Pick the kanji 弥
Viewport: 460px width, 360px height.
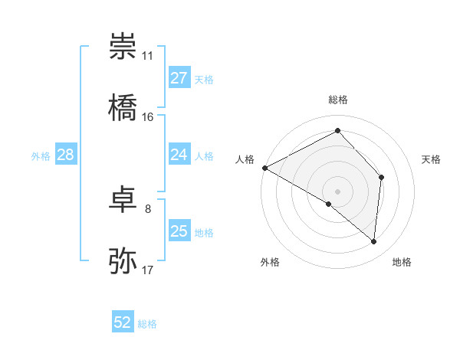click(x=123, y=261)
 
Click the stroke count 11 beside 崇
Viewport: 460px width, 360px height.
click(x=148, y=56)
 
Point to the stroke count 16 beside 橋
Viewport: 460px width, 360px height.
click(x=148, y=117)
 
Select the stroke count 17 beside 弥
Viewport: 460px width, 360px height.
click(x=148, y=270)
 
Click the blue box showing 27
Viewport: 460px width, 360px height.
click(x=179, y=78)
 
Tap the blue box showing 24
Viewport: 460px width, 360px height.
click(x=179, y=155)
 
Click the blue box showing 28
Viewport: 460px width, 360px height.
click(x=65, y=155)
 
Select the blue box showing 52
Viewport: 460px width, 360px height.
click(x=123, y=323)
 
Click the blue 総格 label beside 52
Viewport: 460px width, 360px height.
click(x=147, y=324)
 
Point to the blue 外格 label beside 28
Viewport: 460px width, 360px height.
click(x=41, y=156)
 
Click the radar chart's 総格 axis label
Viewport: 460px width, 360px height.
click(x=338, y=100)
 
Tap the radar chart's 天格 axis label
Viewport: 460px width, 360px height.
click(x=432, y=159)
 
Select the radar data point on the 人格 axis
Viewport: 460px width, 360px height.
click(x=264, y=168)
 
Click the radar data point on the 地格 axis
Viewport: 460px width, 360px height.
click(x=374, y=242)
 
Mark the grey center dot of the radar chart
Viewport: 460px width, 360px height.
click(x=338, y=191)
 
